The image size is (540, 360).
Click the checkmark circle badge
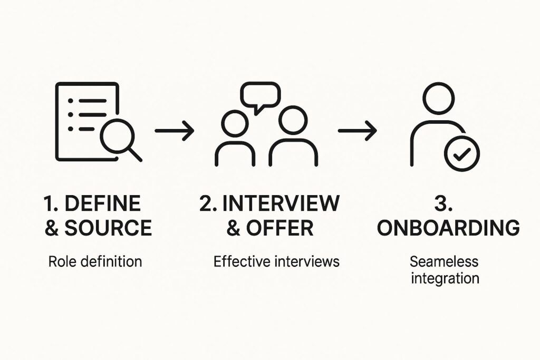coord(462,153)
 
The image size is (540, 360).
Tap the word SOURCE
coord(108,228)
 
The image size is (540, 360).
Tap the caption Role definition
coord(95,261)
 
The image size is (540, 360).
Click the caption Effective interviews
coord(276,261)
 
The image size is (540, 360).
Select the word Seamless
coord(444,261)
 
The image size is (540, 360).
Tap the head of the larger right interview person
coord(293,120)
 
